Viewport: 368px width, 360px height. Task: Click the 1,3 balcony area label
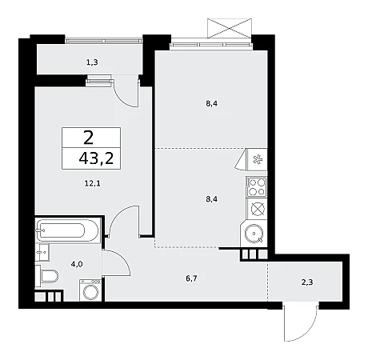[92, 62]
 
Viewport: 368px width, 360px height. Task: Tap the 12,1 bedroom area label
[92, 183]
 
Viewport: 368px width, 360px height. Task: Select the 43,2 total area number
[96, 158]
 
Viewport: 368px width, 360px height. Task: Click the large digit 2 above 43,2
[89, 138]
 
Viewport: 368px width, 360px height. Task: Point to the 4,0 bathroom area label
[77, 264]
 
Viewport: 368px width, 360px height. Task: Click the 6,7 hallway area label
[191, 278]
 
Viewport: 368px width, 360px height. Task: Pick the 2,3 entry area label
[307, 282]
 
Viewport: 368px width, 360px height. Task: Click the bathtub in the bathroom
[68, 230]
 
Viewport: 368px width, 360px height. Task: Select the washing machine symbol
[90, 290]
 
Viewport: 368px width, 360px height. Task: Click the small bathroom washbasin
[42, 252]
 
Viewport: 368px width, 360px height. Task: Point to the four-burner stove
[257, 187]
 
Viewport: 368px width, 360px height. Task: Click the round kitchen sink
[254, 234]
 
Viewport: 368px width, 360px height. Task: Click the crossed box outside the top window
[230, 28]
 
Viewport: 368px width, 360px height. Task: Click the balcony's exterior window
[104, 41]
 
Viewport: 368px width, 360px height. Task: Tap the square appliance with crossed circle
[257, 209]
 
